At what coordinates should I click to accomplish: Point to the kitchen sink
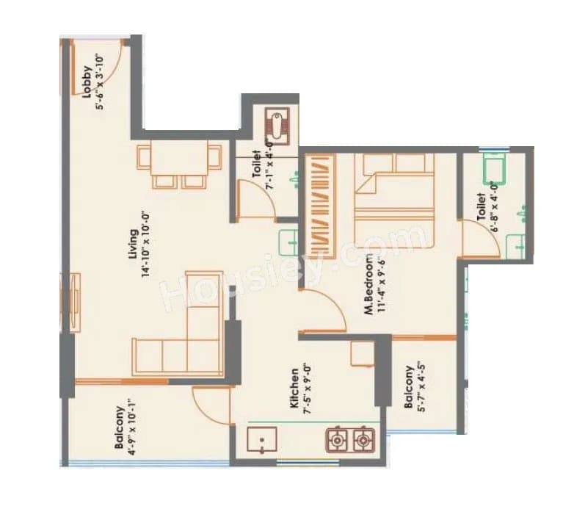[262, 441]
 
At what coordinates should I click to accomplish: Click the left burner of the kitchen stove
[337, 441]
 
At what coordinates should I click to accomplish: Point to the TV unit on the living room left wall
[76, 301]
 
